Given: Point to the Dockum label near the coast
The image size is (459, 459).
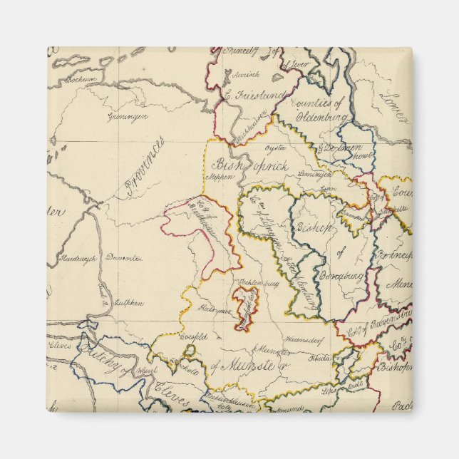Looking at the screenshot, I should tap(81, 81).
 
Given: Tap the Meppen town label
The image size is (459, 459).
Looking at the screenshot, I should tap(219, 178).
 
